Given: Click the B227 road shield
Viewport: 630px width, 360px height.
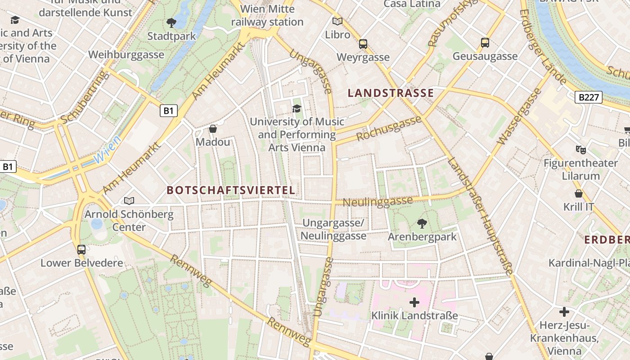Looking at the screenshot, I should [589, 97].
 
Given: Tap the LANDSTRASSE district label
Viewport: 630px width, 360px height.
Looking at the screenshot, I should [391, 93].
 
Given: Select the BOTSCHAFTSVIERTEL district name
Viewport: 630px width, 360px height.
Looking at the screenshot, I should [231, 190].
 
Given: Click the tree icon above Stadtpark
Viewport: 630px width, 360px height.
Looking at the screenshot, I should [171, 22].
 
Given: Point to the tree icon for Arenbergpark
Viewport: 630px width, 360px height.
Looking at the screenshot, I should [422, 223].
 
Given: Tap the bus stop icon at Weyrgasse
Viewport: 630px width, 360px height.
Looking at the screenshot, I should [363, 44].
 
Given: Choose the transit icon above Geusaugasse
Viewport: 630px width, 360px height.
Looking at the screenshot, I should [485, 43].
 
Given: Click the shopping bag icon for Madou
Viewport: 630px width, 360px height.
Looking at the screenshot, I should [213, 129].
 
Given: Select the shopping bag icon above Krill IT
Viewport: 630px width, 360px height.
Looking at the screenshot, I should [579, 193].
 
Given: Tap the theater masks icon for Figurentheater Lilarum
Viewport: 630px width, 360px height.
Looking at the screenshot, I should [580, 149].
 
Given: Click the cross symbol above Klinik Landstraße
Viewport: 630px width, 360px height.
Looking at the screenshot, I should [414, 302].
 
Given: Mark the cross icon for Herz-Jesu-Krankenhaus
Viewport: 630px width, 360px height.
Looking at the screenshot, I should [564, 311].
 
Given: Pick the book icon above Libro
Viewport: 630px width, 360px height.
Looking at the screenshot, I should [337, 21].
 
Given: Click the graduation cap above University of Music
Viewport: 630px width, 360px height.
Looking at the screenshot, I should [297, 108].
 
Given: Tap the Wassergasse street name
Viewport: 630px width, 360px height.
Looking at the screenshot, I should [518, 117].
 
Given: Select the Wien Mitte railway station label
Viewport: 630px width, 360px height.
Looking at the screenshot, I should [267, 15].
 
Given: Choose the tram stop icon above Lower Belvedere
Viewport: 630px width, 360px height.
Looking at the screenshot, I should [81, 249].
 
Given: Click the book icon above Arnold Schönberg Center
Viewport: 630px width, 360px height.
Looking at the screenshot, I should [129, 201].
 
